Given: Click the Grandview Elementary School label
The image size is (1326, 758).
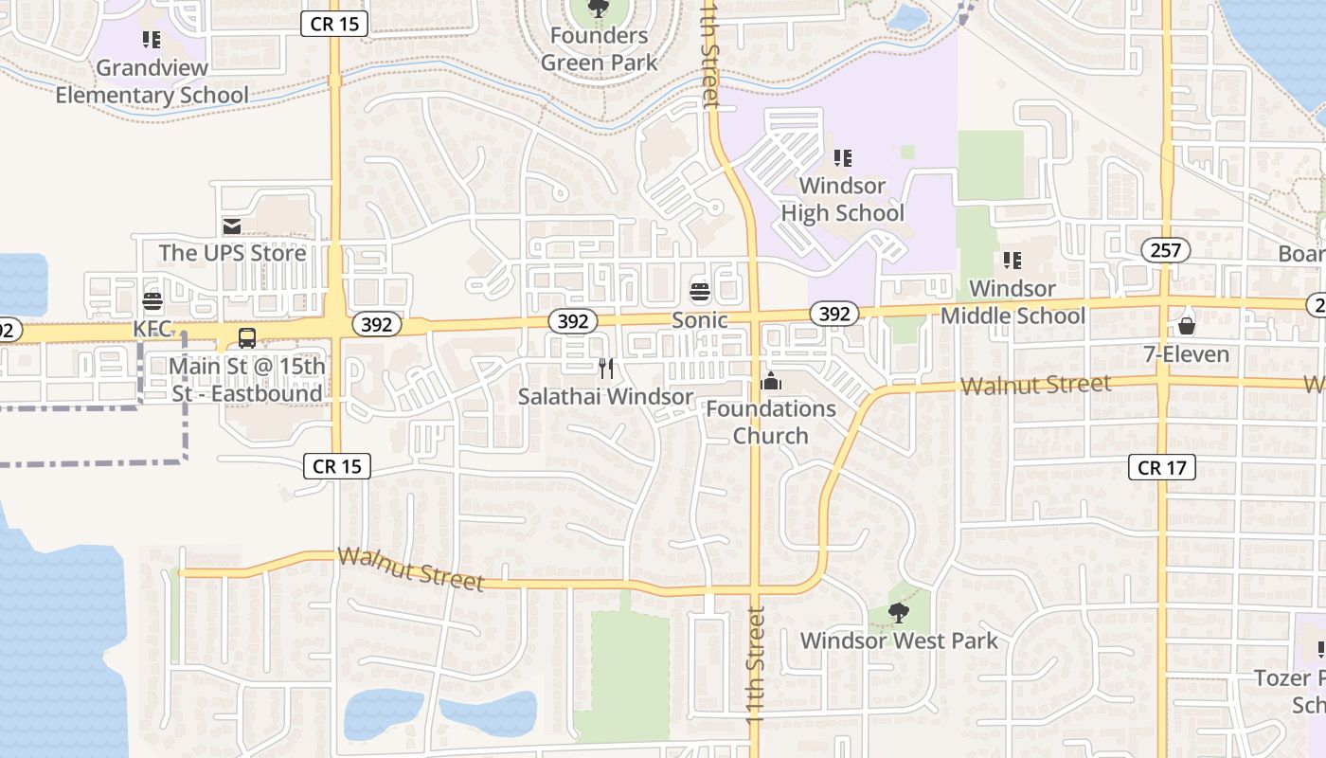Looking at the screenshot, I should (152, 81).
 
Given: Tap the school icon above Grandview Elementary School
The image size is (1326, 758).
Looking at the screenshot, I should (152, 40).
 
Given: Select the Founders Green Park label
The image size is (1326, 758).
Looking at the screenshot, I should (599, 49).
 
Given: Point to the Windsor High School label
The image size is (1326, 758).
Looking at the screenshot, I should (842, 199).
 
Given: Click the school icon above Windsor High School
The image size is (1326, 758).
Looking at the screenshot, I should (842, 157).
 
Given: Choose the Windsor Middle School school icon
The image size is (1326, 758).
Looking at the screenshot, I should (1012, 260).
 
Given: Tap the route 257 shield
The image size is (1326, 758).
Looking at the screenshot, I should (1165, 250).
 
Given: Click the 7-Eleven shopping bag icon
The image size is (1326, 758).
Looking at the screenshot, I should (1186, 327).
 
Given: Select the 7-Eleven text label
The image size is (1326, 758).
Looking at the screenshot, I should (1186, 354).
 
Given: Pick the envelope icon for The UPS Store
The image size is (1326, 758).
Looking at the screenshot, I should (232, 226).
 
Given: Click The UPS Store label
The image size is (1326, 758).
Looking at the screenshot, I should (232, 253).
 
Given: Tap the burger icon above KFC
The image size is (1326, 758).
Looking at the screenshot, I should (152, 301).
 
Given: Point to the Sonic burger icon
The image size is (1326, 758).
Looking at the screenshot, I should (700, 292).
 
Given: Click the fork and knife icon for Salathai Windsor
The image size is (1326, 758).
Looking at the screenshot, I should (606, 368).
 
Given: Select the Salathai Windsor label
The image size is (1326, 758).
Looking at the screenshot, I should (606, 396).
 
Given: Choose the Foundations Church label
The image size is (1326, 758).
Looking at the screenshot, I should (771, 422).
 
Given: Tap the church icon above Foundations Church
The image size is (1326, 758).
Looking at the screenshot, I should (771, 381).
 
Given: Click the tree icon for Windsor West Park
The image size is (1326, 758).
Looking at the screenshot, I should (899, 613).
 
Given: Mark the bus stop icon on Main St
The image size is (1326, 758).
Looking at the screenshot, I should (247, 337).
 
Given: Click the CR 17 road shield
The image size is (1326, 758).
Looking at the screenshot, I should (1162, 467).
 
